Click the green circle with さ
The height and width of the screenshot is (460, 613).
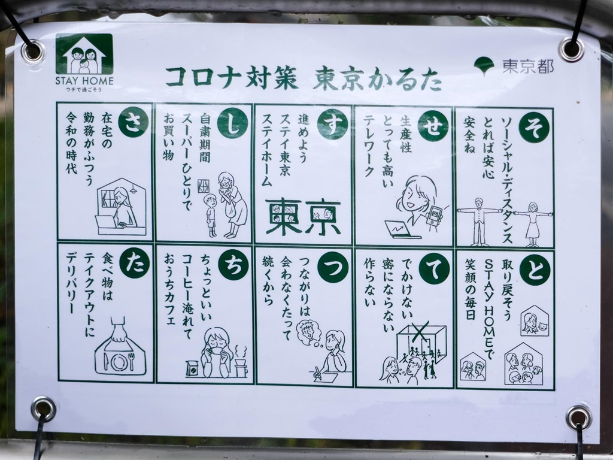pos(133,122)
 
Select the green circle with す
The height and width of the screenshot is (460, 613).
pos(332,125)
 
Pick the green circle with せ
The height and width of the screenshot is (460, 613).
pos(433,126)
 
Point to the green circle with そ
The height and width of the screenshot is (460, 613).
pos(534,127)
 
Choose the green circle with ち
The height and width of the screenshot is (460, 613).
pos(233,264)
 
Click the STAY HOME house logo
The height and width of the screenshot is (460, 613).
pos(84,54)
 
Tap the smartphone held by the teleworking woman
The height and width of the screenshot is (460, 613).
pos(433,216)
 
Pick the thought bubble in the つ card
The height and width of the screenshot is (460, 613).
pos(309,333)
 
